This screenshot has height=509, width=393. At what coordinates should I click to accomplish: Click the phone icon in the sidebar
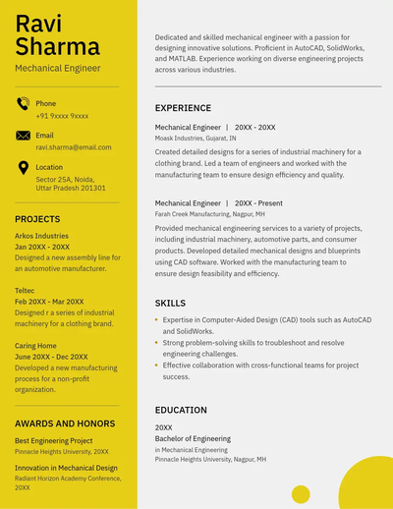click(x=23, y=104)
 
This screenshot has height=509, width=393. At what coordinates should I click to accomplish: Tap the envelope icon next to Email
click(x=23, y=136)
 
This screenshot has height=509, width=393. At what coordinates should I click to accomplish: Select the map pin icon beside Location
click(x=23, y=167)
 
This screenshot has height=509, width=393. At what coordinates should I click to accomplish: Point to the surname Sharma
click(x=57, y=46)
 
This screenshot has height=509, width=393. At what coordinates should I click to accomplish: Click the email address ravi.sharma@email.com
click(x=74, y=147)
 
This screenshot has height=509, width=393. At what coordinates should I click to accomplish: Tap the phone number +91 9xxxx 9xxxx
click(x=62, y=116)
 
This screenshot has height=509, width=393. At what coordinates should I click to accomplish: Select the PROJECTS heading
click(x=37, y=219)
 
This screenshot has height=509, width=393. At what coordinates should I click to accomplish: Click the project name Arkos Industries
click(x=41, y=236)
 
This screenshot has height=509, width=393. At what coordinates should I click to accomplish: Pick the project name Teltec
click(x=25, y=291)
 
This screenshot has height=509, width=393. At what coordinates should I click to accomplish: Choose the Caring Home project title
click(x=35, y=346)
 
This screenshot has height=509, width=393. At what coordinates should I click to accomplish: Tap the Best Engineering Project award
click(x=53, y=441)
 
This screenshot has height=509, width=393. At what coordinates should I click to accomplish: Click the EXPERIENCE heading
click(x=183, y=108)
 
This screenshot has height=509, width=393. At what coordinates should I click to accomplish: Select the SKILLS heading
click(x=170, y=304)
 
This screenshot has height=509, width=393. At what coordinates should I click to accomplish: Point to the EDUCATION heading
click(x=181, y=410)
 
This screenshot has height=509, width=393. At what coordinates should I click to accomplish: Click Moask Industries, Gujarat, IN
click(x=196, y=139)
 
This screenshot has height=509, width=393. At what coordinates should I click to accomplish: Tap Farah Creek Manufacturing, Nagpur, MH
click(x=210, y=213)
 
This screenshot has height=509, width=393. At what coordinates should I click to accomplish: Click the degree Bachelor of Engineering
click(x=193, y=439)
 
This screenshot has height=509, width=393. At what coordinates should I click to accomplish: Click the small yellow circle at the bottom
click(x=301, y=493)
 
